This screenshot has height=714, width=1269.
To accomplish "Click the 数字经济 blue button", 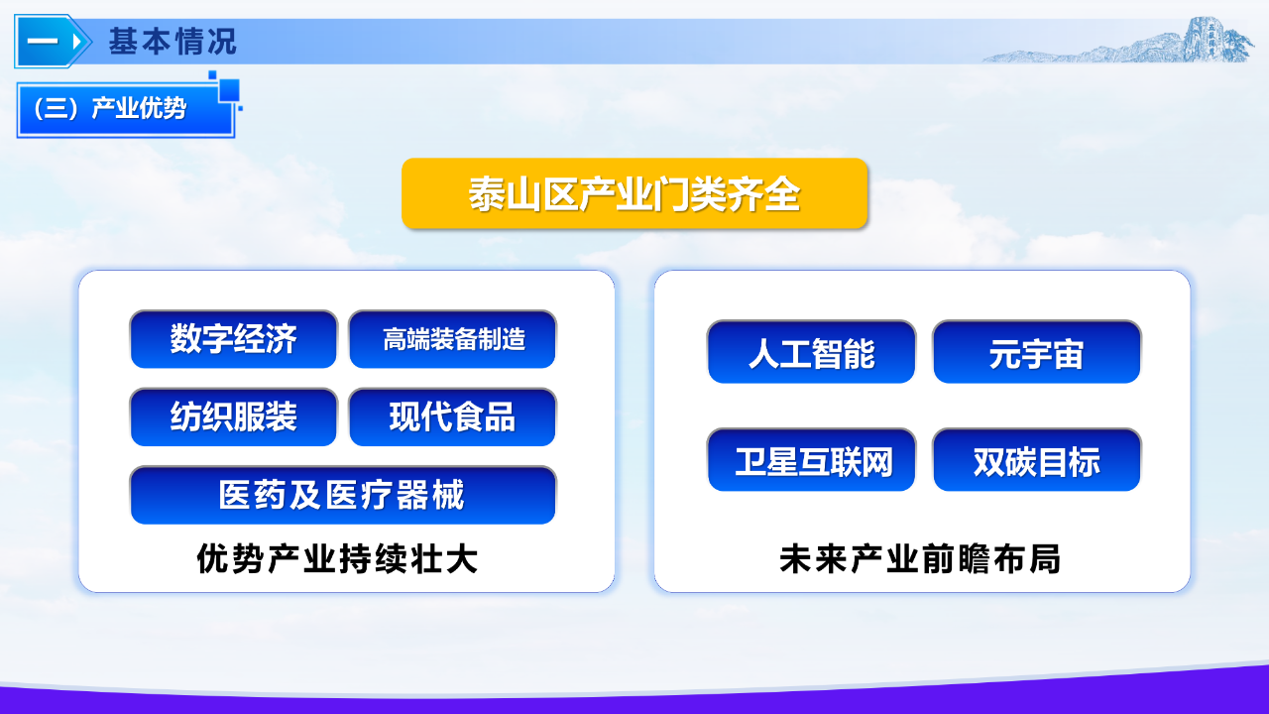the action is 233,339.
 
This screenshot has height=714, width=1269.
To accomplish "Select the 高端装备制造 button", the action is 453,339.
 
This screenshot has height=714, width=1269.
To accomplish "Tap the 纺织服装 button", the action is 233,417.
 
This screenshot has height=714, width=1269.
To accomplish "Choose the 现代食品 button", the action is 453,417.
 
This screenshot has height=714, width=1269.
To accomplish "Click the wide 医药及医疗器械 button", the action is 343,495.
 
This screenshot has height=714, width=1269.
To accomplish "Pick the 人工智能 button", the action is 811,352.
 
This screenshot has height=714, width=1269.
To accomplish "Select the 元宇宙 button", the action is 1037,352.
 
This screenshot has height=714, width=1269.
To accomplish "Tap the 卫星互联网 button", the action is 811,459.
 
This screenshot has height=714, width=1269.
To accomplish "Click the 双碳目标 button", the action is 1037,459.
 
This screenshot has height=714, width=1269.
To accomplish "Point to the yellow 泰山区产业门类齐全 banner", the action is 634,193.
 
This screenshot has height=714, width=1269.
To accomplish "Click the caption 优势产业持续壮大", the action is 337,558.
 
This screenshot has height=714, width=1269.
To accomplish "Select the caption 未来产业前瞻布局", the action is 919,558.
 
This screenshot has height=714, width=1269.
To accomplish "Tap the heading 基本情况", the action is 173,42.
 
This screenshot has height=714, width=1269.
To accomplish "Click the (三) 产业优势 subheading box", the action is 126,109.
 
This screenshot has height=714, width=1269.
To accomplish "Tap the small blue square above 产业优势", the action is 229,90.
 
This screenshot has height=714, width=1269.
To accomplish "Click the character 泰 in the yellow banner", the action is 487,194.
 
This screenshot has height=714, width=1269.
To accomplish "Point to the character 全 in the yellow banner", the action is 782,194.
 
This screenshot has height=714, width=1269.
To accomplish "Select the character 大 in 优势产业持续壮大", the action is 462,558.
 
